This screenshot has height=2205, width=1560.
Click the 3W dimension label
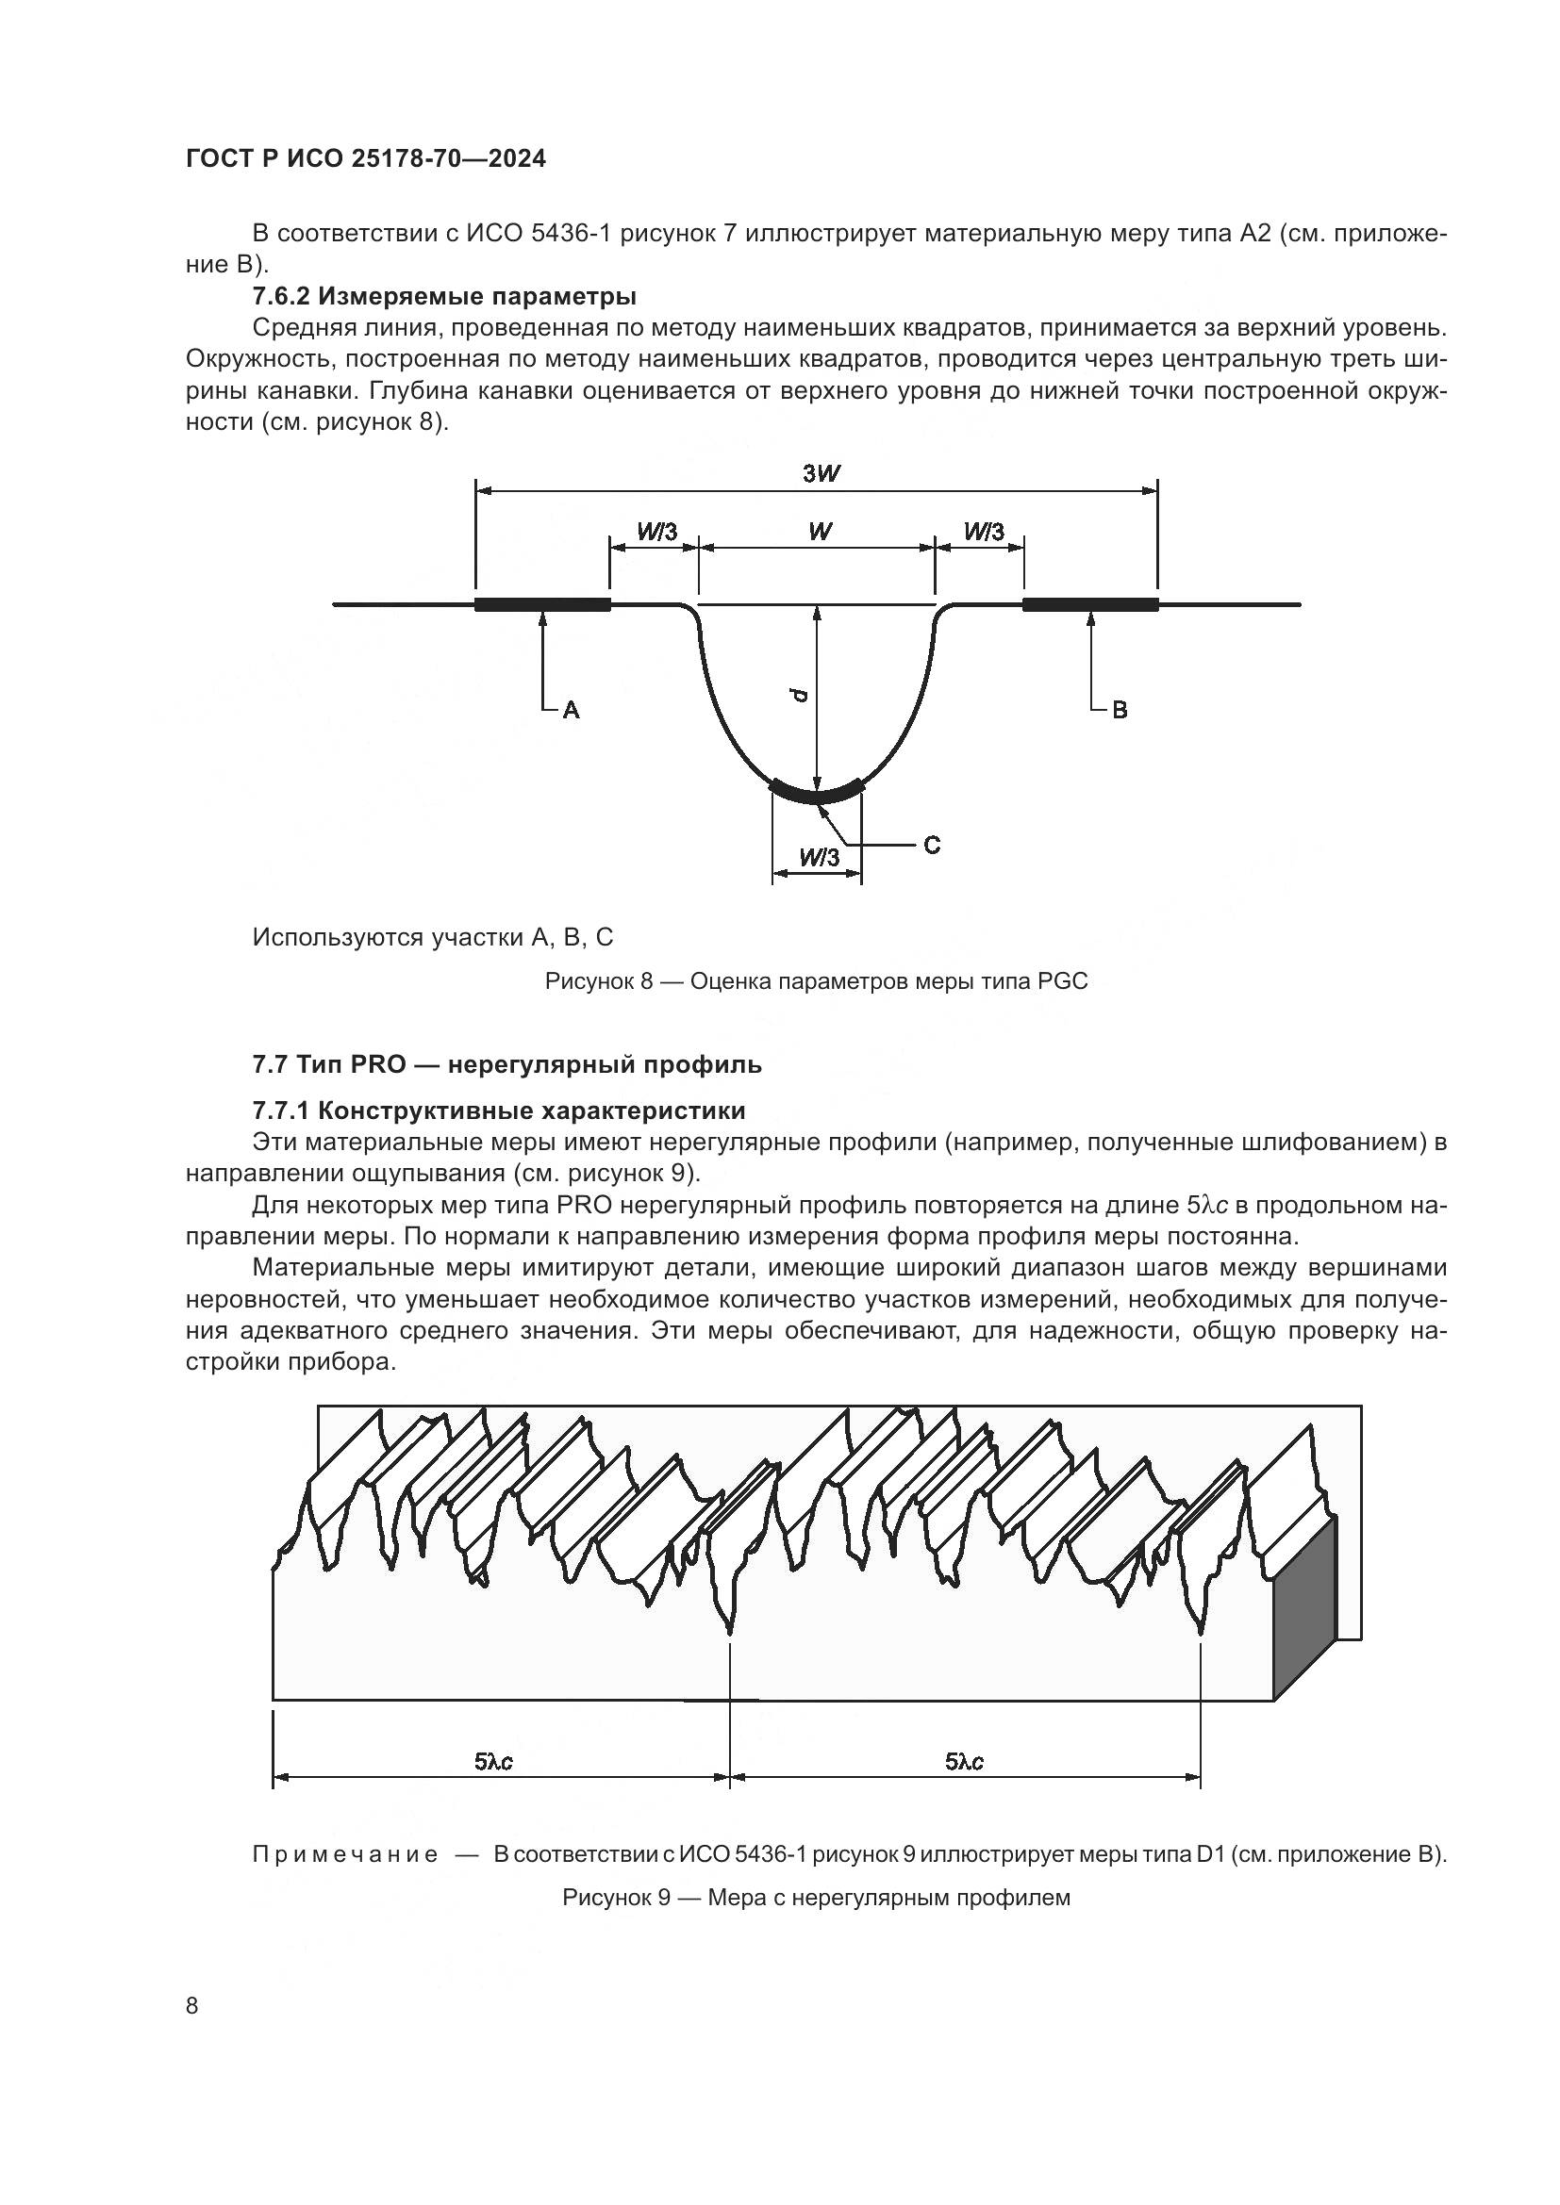(x=816, y=473)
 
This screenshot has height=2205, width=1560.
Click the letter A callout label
(x=571, y=711)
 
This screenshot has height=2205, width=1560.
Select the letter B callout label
(x=1120, y=711)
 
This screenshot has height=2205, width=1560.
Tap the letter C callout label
(x=932, y=845)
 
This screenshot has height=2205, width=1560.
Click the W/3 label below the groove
(x=819, y=858)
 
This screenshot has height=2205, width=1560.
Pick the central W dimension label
(x=819, y=531)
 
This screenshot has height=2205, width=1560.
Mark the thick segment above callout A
(x=542, y=604)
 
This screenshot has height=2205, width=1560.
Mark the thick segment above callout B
(x=1090, y=604)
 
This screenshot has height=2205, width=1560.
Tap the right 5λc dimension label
(x=965, y=1761)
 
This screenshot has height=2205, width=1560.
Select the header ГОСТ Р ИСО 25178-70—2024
(x=366, y=159)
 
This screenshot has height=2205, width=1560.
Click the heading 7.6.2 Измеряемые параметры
(x=445, y=295)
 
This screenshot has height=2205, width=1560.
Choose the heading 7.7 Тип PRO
(x=507, y=1064)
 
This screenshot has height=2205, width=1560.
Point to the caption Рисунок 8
(x=816, y=981)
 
